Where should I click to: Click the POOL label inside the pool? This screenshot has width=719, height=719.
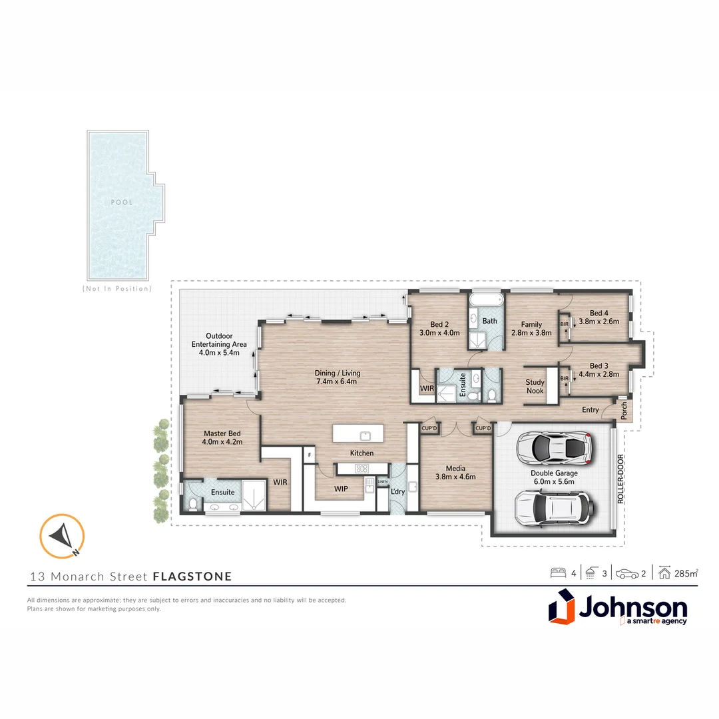[x=122, y=202]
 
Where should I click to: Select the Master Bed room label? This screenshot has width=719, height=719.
[x=223, y=437]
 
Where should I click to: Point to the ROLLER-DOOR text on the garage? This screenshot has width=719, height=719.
[x=620, y=479]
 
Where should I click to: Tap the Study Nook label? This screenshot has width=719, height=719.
[x=535, y=387]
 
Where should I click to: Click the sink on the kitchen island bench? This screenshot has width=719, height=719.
[x=365, y=436]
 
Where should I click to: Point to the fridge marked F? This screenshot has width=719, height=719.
[x=309, y=455]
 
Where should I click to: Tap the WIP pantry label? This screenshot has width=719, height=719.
[x=340, y=488]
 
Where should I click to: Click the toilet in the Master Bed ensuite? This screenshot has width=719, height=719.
[x=192, y=505]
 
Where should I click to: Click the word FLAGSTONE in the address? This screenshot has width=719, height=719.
[x=192, y=576]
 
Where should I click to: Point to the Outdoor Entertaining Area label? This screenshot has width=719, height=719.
[x=219, y=344]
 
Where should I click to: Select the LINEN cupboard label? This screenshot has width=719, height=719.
[x=382, y=481]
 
